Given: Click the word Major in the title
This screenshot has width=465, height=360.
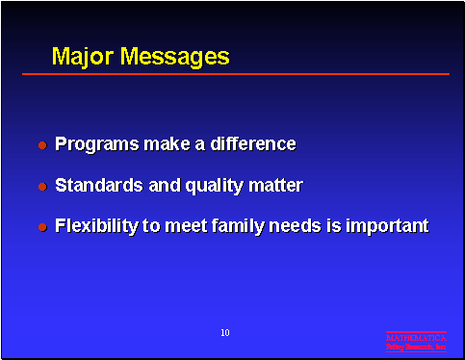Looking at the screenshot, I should coord(83,56).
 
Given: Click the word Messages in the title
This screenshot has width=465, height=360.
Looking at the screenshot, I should coord(174,56).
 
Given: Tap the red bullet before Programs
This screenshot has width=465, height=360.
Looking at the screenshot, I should coord(42,145).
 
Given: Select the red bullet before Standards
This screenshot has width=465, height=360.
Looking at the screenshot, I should coord(42,186).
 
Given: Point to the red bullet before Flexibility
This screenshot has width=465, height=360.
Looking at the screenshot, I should coord(42,227).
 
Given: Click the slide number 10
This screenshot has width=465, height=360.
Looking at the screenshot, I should coord(224,333).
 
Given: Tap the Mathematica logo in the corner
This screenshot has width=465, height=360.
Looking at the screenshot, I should coord(416,341).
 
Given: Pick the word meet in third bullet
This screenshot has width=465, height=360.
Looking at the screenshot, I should coord(198,226).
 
